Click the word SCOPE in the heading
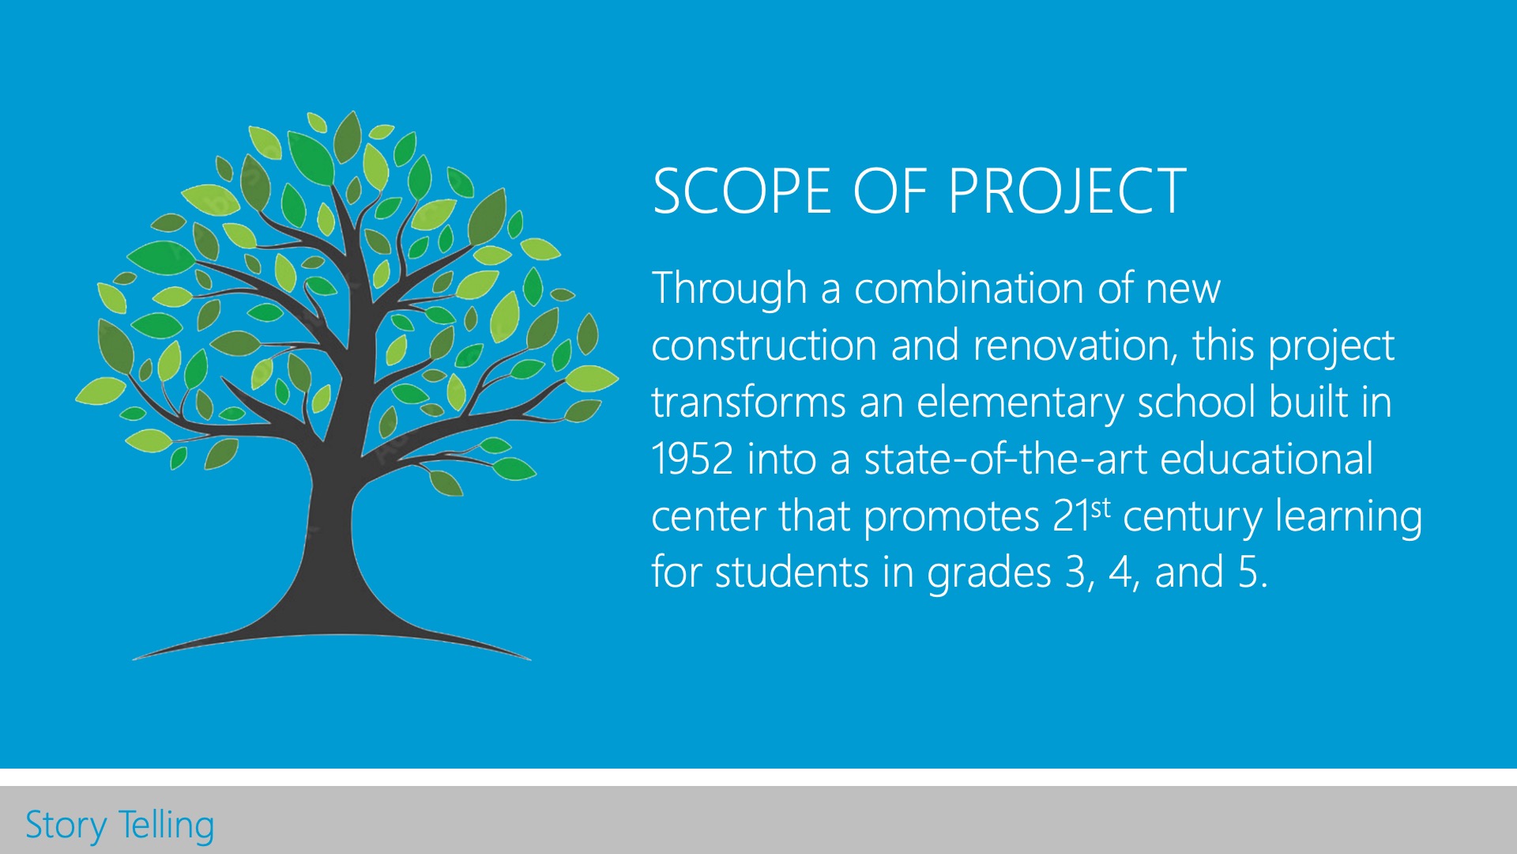click(742, 191)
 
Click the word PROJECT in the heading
click(1067, 191)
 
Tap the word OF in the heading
click(890, 191)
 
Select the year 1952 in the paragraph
click(692, 459)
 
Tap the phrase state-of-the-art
click(1005, 459)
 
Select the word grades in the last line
click(989, 573)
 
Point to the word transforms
click(748, 402)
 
